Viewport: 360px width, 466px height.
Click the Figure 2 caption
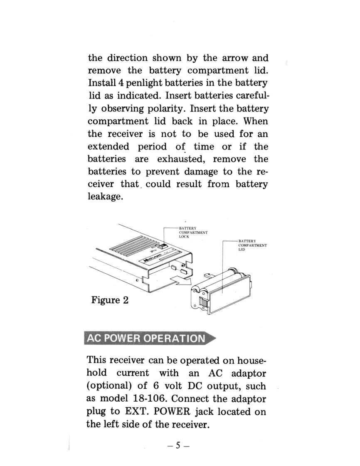(110, 300)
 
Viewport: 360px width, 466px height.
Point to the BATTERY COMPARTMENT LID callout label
(252, 245)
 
